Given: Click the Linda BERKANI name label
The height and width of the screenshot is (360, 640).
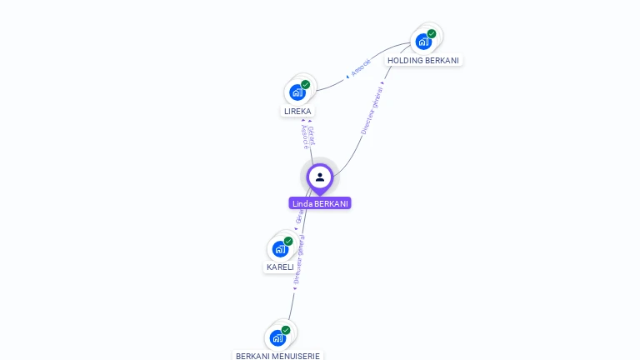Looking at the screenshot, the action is pos(320,203).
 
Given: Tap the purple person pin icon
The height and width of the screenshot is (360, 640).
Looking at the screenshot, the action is pos(320,177).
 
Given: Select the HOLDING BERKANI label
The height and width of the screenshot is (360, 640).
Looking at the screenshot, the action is pos(423,60).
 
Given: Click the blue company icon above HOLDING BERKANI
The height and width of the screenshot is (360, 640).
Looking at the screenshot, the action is pos(423,42).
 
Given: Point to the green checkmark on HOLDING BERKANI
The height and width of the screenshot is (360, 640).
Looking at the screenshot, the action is pos(432,34).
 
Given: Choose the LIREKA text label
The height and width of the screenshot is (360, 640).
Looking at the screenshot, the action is pos(297,111).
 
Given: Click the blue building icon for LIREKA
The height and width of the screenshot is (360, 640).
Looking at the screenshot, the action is pos(297,92).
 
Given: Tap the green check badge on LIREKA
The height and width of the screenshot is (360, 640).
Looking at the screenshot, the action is pos(306,85).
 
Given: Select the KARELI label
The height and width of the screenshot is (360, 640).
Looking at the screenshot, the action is pos(280,267).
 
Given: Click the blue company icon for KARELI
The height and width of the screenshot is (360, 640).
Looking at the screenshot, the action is pos(280,248).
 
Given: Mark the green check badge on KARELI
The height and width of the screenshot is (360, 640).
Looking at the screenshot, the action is pos(288,241).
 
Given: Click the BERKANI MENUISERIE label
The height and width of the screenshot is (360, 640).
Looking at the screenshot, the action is pos(277,356).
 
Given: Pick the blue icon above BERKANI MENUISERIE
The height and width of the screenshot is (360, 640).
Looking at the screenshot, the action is pos(277,337).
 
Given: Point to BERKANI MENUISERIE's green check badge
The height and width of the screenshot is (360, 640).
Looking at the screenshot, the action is pos(286,330).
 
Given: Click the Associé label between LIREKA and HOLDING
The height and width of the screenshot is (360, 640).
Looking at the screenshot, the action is pos(361,68).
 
